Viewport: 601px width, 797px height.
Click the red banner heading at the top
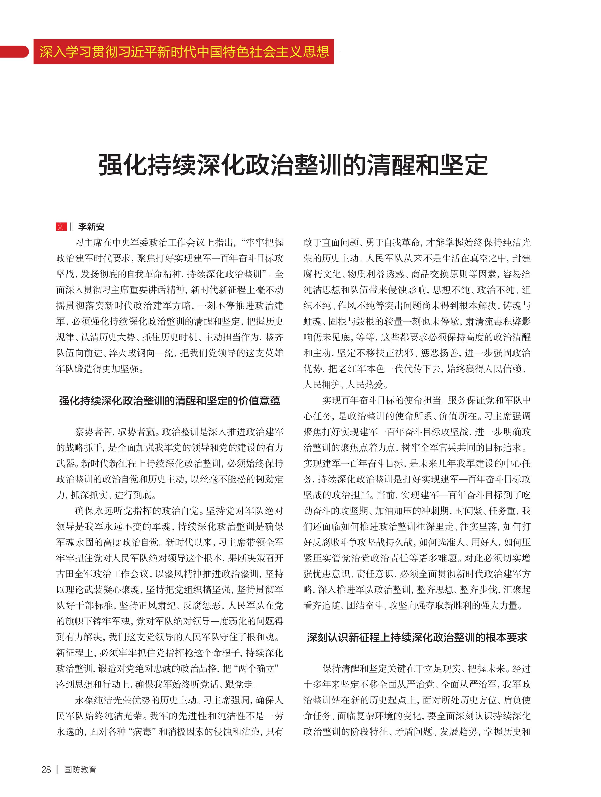(184, 52)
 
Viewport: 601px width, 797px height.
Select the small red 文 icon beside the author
(61, 227)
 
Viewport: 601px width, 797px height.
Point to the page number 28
(46, 769)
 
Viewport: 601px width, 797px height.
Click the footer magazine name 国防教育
(80, 769)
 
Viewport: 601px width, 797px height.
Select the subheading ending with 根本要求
(417, 637)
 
